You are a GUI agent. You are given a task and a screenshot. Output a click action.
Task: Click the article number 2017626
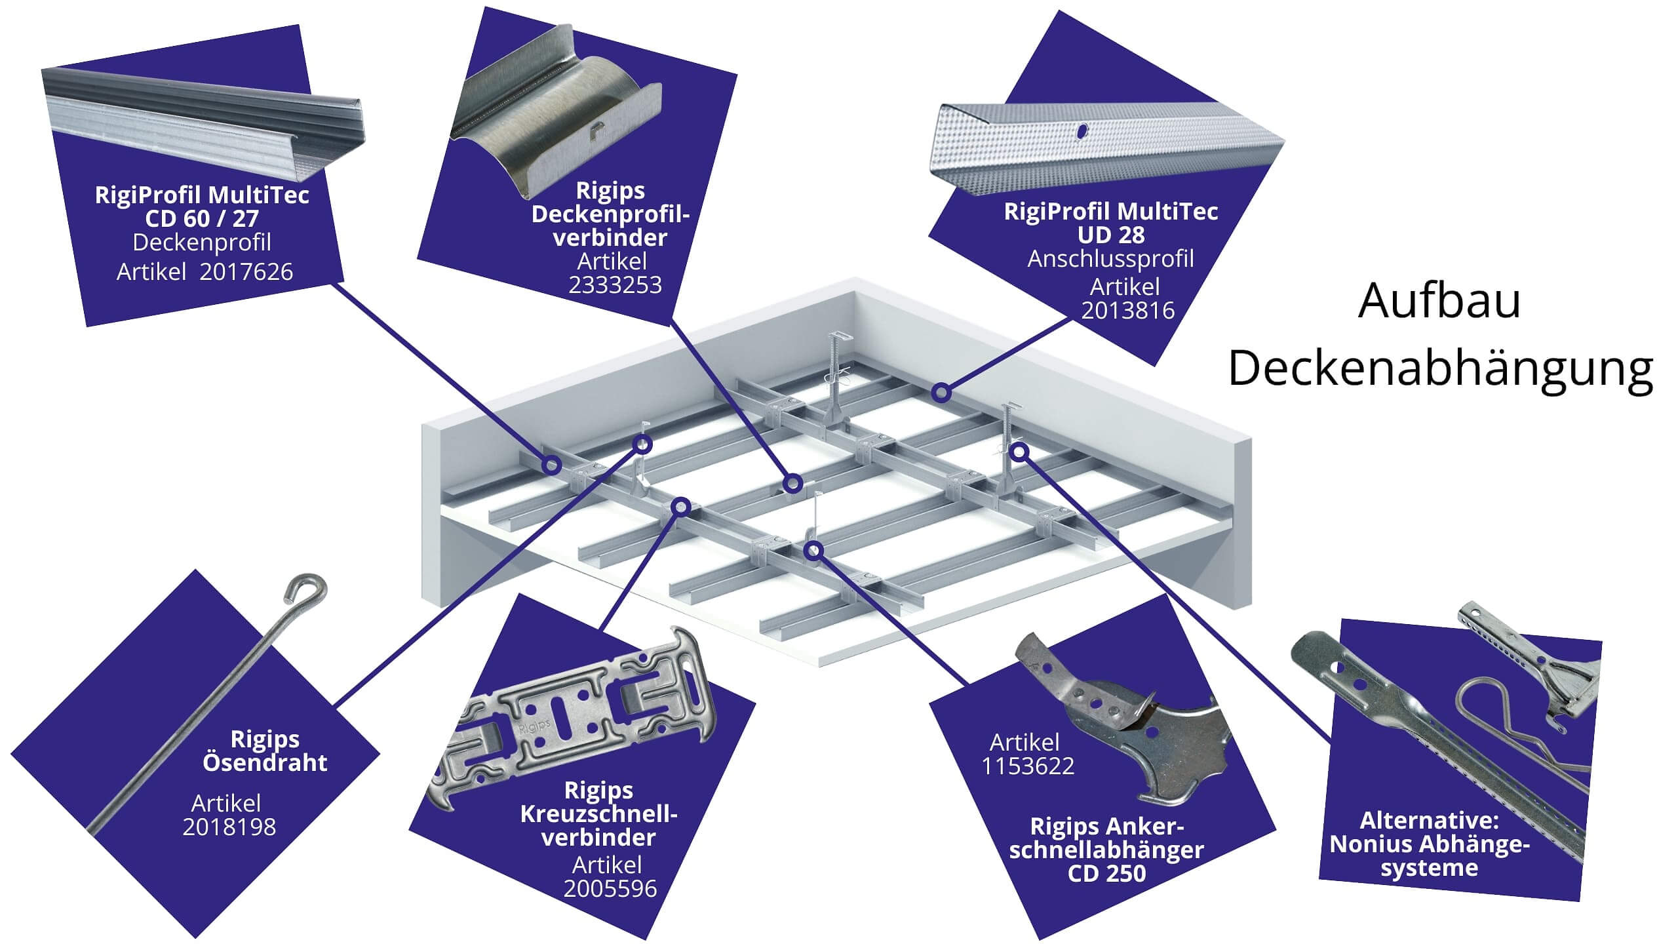(x=246, y=272)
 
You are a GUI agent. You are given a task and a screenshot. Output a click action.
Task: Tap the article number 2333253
(x=615, y=285)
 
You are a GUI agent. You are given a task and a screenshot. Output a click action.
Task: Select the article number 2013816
(x=1127, y=310)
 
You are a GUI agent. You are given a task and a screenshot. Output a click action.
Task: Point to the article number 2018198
(x=229, y=827)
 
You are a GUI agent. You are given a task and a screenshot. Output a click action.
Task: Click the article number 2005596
(x=610, y=888)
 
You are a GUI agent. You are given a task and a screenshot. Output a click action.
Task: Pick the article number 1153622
(x=1027, y=766)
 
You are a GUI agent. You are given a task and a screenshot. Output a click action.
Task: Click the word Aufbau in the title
(x=1439, y=302)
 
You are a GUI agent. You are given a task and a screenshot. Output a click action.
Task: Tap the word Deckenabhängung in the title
(x=1440, y=370)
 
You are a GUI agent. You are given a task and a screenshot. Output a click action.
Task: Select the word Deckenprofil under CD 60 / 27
(x=202, y=243)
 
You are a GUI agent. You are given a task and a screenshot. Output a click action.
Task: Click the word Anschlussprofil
(x=1110, y=259)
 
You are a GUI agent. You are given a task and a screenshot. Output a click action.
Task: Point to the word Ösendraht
(x=265, y=762)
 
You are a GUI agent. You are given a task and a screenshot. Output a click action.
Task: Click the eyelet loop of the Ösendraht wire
(x=305, y=588)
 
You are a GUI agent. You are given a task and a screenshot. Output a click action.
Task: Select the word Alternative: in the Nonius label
(x=1429, y=820)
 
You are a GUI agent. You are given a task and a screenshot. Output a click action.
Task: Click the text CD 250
(x=1106, y=873)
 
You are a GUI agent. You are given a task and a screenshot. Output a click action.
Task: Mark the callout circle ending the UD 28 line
(x=941, y=393)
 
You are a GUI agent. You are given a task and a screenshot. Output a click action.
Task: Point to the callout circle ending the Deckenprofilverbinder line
(x=793, y=484)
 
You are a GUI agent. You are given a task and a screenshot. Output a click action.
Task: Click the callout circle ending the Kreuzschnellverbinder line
(x=682, y=506)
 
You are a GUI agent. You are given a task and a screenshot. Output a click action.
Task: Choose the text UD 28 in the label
(x=1110, y=235)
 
